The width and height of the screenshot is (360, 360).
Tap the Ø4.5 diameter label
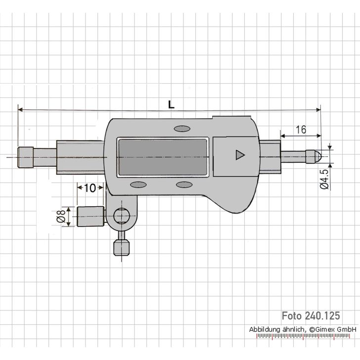[x=324, y=180]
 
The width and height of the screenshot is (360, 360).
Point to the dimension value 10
[x=90, y=188]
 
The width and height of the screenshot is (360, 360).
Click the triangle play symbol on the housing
[x=240, y=155]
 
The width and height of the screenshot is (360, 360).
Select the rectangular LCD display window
[x=162, y=157]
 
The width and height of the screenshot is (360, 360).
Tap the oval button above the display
[x=181, y=129]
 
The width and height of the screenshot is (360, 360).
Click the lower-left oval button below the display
[x=138, y=184]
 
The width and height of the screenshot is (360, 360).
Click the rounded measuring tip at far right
[x=315, y=155]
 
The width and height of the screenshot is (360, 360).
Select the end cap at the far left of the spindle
[x=26, y=157]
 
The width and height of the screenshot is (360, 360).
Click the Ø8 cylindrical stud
[x=90, y=217]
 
